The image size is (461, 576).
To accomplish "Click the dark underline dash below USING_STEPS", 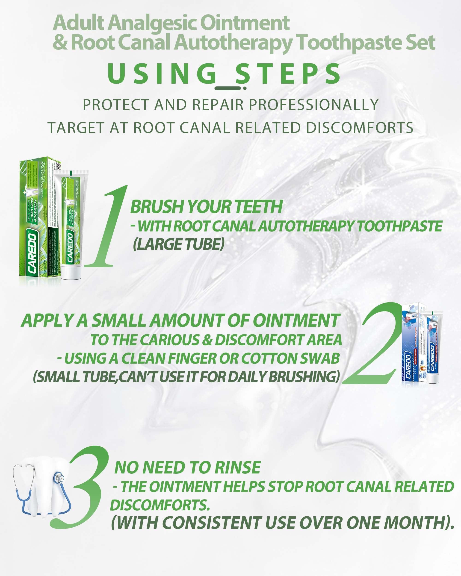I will (x=231, y=88).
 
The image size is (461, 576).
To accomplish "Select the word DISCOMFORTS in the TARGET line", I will (x=359, y=128).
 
